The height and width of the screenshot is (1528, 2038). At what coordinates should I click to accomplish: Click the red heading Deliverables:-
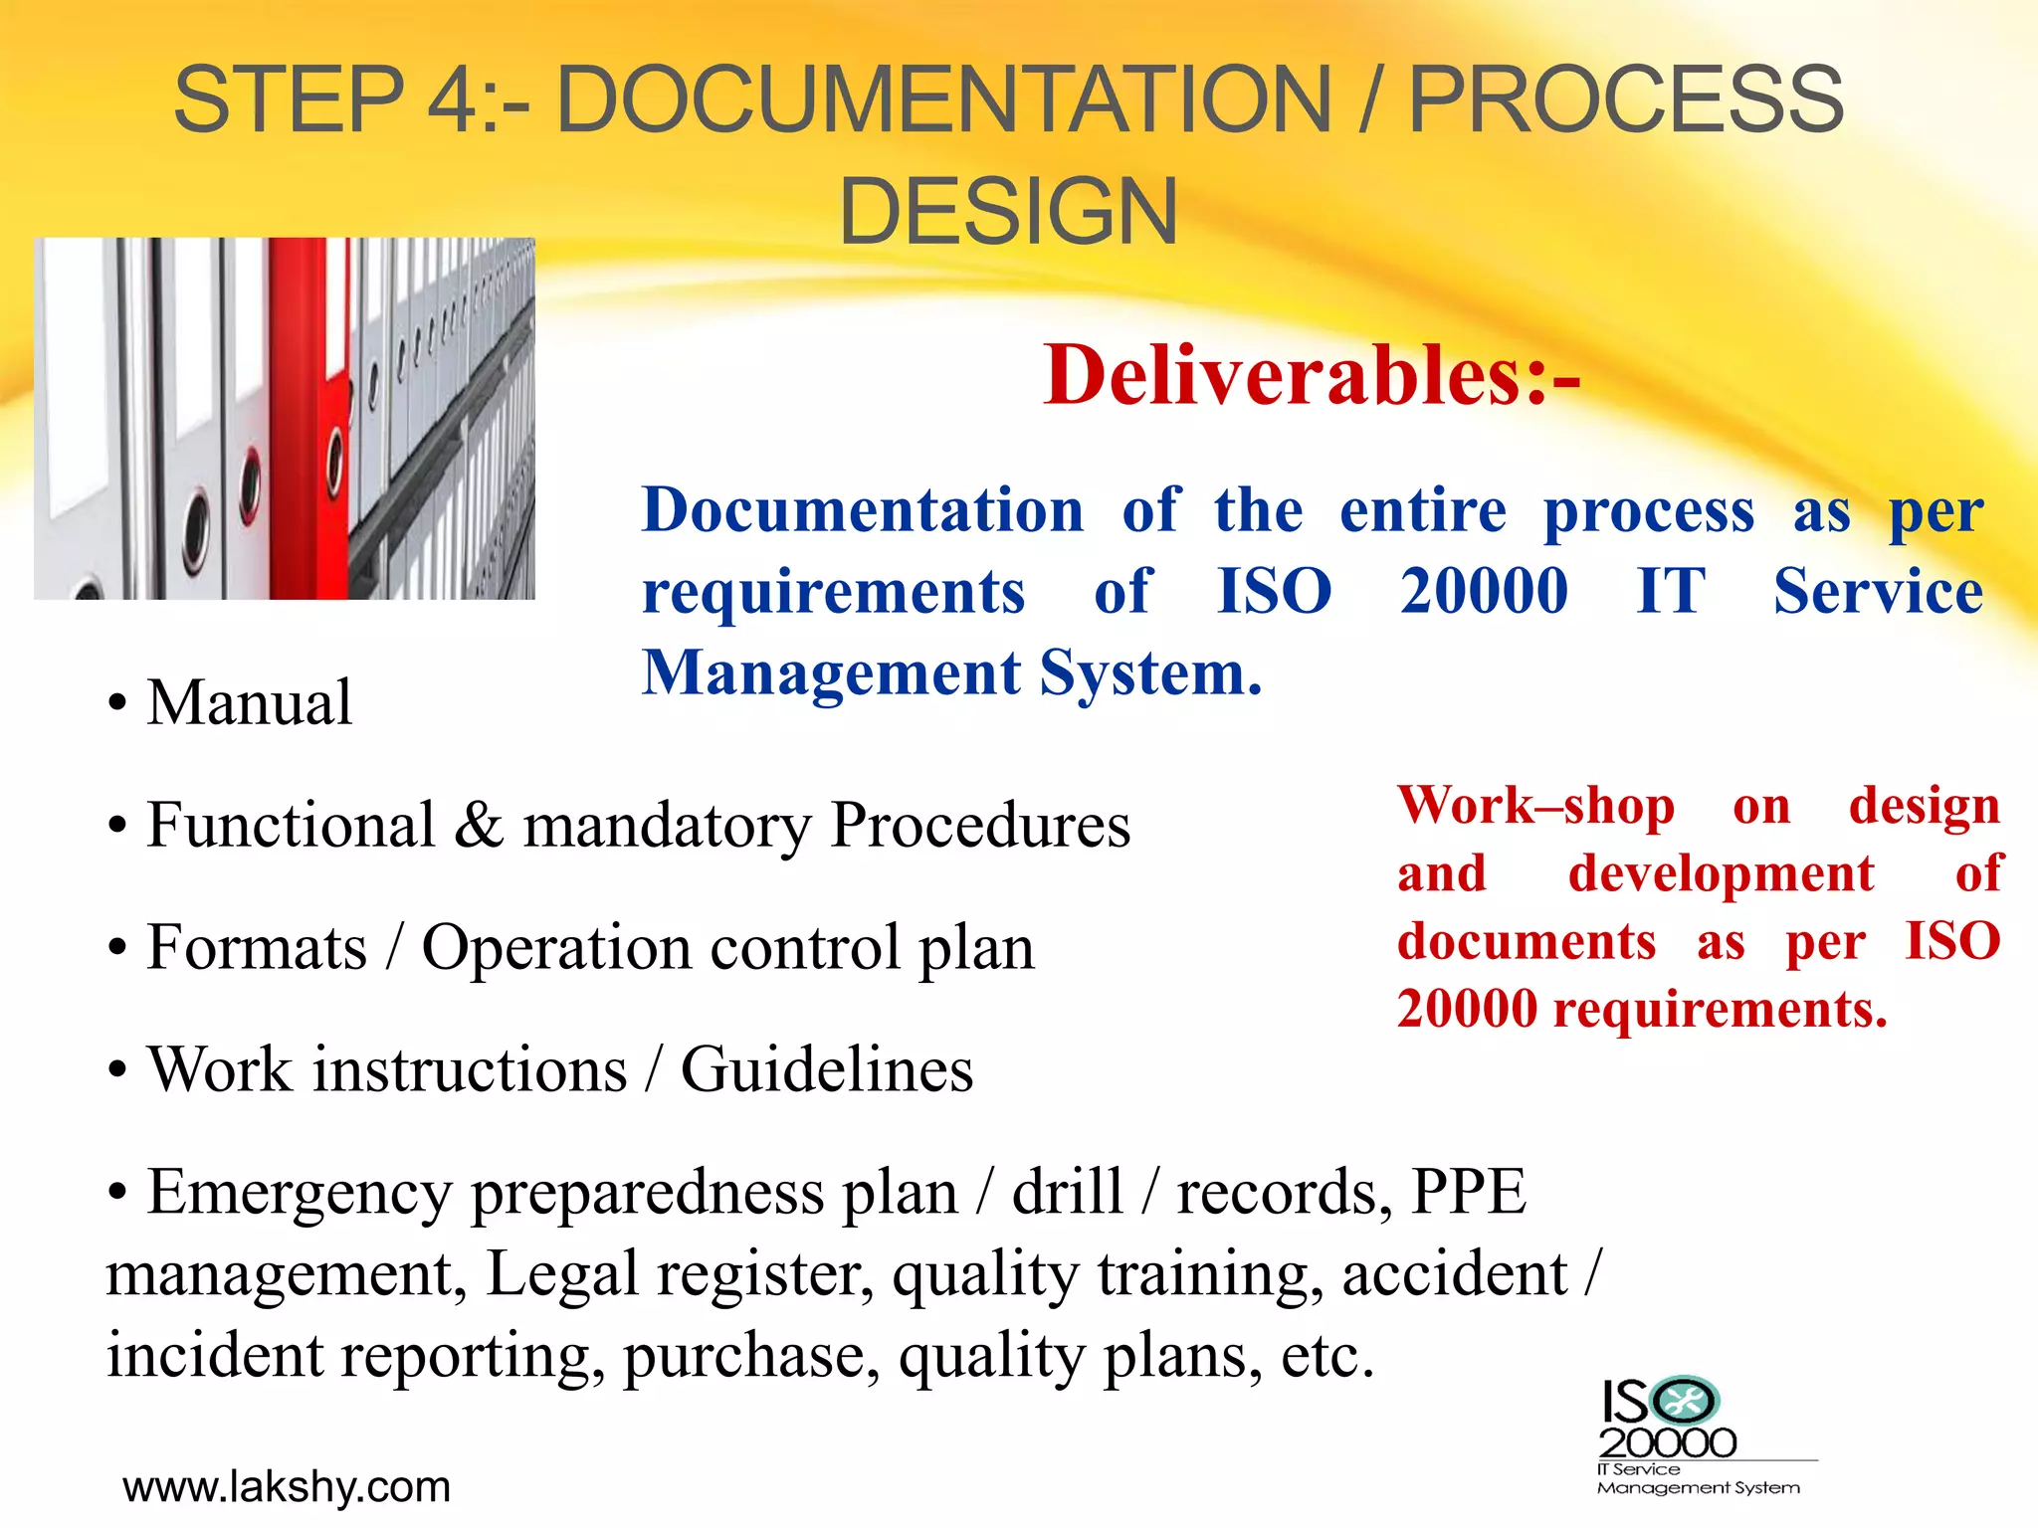[1312, 377]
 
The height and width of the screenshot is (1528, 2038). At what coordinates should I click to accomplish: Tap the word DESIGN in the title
[1008, 211]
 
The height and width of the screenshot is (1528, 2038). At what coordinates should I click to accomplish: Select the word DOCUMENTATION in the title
[943, 99]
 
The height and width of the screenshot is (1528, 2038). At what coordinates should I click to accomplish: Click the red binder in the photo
[308, 418]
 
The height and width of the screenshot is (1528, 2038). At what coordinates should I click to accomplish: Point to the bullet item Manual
[249, 702]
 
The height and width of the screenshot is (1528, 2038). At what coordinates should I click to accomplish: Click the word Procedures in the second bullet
[980, 826]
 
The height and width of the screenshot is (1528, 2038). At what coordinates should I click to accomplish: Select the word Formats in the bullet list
[257, 947]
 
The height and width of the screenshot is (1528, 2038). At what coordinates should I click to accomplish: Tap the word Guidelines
[826, 1070]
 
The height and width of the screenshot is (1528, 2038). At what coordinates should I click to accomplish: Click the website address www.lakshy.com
[287, 1487]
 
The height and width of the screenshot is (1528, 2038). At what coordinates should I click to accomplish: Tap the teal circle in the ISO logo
[1685, 1402]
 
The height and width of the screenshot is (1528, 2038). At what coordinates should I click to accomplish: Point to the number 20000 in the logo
[1668, 1442]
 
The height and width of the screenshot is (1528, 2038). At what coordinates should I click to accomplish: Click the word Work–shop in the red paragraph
[1535, 806]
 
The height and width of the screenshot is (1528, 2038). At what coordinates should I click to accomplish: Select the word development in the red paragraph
[1721, 874]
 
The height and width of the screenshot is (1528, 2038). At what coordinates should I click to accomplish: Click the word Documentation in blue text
[863, 511]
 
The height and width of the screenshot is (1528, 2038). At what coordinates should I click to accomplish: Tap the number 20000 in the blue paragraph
[1484, 592]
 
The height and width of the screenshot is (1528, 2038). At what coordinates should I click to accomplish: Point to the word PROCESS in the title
[1626, 99]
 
